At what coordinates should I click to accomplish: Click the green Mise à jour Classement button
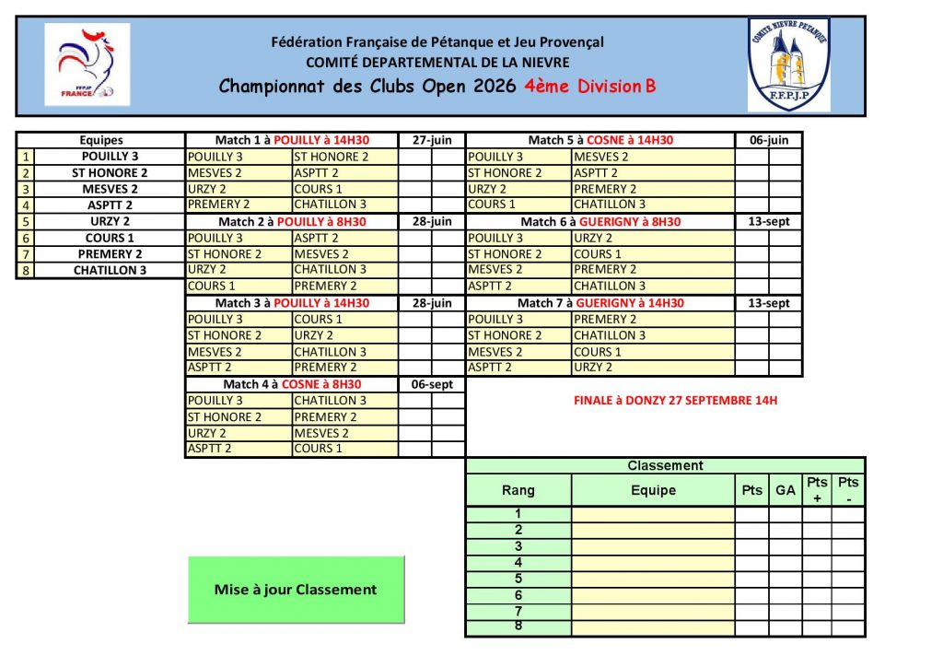pyautogui.click(x=296, y=590)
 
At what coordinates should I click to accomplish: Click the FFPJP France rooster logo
pyautogui.click(x=87, y=64)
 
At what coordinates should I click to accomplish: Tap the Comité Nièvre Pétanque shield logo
pyautogui.click(x=789, y=64)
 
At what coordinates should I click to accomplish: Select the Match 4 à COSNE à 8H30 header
pyautogui.click(x=292, y=384)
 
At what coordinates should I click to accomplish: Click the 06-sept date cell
pyautogui.click(x=432, y=384)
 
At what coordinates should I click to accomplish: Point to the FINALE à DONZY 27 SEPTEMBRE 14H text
pyautogui.click(x=675, y=401)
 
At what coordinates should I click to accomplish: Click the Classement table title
pyautogui.click(x=665, y=466)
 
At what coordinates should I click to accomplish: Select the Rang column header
pyautogui.click(x=518, y=490)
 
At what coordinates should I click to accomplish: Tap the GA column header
pyautogui.click(x=786, y=490)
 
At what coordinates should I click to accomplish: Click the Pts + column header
pyautogui.click(x=817, y=490)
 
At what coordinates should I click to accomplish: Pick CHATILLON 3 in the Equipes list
pyautogui.click(x=110, y=271)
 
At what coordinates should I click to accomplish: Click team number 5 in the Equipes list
pyautogui.click(x=26, y=222)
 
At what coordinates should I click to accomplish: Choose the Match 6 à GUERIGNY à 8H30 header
pyautogui.click(x=600, y=222)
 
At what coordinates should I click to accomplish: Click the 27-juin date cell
pyautogui.click(x=432, y=140)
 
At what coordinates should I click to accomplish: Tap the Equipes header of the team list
pyautogui.click(x=100, y=140)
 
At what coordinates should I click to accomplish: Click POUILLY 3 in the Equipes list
pyautogui.click(x=110, y=157)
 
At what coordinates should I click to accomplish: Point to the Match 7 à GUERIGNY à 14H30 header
pyautogui.click(x=600, y=303)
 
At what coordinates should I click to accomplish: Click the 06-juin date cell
pyautogui.click(x=769, y=140)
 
